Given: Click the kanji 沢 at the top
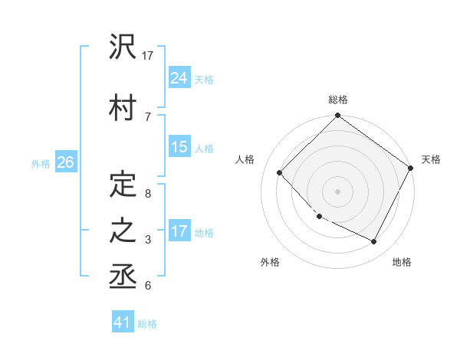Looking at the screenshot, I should pyautogui.click(x=123, y=47).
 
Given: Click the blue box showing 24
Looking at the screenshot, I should pyautogui.click(x=179, y=77).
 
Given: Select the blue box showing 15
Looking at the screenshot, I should pyautogui.click(x=179, y=147).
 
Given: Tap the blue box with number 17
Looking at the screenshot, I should pyautogui.click(x=179, y=231).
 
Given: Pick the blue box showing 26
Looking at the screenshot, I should pyautogui.click(x=65, y=162).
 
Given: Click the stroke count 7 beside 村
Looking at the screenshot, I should pyautogui.click(x=147, y=116).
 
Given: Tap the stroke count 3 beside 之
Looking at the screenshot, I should pyautogui.click(x=147, y=240).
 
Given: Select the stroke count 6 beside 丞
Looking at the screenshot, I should pyautogui.click(x=147, y=286).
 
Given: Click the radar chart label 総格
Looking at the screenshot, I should pyautogui.click(x=338, y=100).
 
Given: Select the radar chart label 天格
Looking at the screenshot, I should pyautogui.click(x=431, y=159).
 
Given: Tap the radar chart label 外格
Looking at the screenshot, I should pyautogui.click(x=270, y=262).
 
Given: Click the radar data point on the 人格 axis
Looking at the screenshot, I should pyautogui.click(x=280, y=172).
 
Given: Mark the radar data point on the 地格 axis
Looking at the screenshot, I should pyautogui.click(x=374, y=242).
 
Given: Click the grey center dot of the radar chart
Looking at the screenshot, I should pyautogui.click(x=338, y=191).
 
